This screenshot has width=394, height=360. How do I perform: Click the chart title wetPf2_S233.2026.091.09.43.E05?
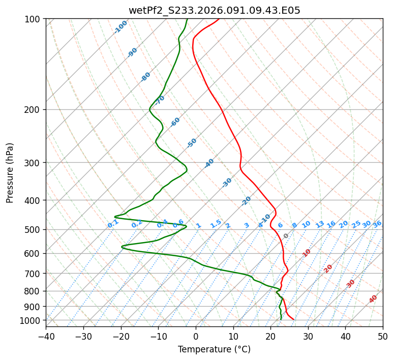[214, 10]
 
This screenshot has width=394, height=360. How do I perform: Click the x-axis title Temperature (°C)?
[214, 349]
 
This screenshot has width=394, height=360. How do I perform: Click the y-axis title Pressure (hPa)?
[10, 173]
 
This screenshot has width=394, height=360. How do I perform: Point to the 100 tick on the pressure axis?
[35, 19]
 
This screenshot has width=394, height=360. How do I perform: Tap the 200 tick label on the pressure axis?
[35, 110]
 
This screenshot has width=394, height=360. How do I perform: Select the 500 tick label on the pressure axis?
[35, 230]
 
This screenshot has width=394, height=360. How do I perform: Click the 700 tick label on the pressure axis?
[35, 274]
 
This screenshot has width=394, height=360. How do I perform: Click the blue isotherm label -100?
[121, 26]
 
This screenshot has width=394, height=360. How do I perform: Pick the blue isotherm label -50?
[192, 143]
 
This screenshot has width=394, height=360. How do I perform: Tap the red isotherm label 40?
[373, 299]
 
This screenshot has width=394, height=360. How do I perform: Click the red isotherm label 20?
[328, 268]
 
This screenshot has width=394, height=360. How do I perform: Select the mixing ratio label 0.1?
[113, 224]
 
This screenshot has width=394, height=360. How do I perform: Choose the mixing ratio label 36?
[377, 224]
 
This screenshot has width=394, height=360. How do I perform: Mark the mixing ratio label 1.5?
[216, 224]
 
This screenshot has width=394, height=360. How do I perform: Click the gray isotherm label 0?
[286, 236]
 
